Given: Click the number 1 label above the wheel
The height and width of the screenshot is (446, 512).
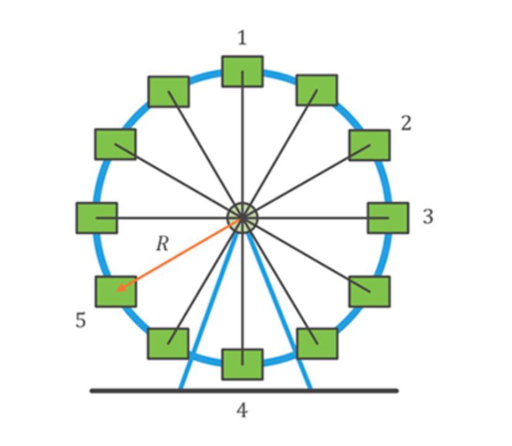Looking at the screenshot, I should pyautogui.click(x=242, y=38).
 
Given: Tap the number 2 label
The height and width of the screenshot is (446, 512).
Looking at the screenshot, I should pyautogui.click(x=406, y=124).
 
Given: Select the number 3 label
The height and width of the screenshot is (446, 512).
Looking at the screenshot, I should pyautogui.click(x=428, y=217).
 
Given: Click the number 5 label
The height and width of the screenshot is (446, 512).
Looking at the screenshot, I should pyautogui.click(x=80, y=321).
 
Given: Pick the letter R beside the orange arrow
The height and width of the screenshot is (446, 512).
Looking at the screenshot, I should pyautogui.click(x=162, y=244).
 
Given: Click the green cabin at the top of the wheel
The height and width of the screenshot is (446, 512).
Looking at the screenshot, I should pyautogui.click(x=242, y=72).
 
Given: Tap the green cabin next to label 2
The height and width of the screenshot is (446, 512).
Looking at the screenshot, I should pyautogui.click(x=369, y=145).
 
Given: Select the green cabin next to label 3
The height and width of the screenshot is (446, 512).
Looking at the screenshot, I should pyautogui.click(x=388, y=218).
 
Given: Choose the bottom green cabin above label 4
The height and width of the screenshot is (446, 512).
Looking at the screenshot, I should pyautogui.click(x=242, y=364).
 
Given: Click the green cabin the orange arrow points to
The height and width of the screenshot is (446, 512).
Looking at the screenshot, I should pyautogui.click(x=116, y=292).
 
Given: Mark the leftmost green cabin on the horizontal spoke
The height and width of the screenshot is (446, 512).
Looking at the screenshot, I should pyautogui.click(x=96, y=218).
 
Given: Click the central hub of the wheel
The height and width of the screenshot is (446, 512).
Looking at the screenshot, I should pyautogui.click(x=242, y=218).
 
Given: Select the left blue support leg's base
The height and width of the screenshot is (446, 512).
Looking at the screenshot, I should pyautogui.click(x=181, y=387).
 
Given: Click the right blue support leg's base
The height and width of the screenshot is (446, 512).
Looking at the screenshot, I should pyautogui.click(x=309, y=387).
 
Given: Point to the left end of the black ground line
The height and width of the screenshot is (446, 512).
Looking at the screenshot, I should pyautogui.click(x=93, y=390).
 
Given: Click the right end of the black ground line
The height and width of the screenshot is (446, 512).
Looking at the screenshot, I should pyautogui.click(x=396, y=390).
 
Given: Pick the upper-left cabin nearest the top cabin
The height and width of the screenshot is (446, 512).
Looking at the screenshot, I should pyautogui.click(x=169, y=91).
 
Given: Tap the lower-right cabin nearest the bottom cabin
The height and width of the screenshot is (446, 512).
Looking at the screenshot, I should pyautogui.click(x=317, y=343).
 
